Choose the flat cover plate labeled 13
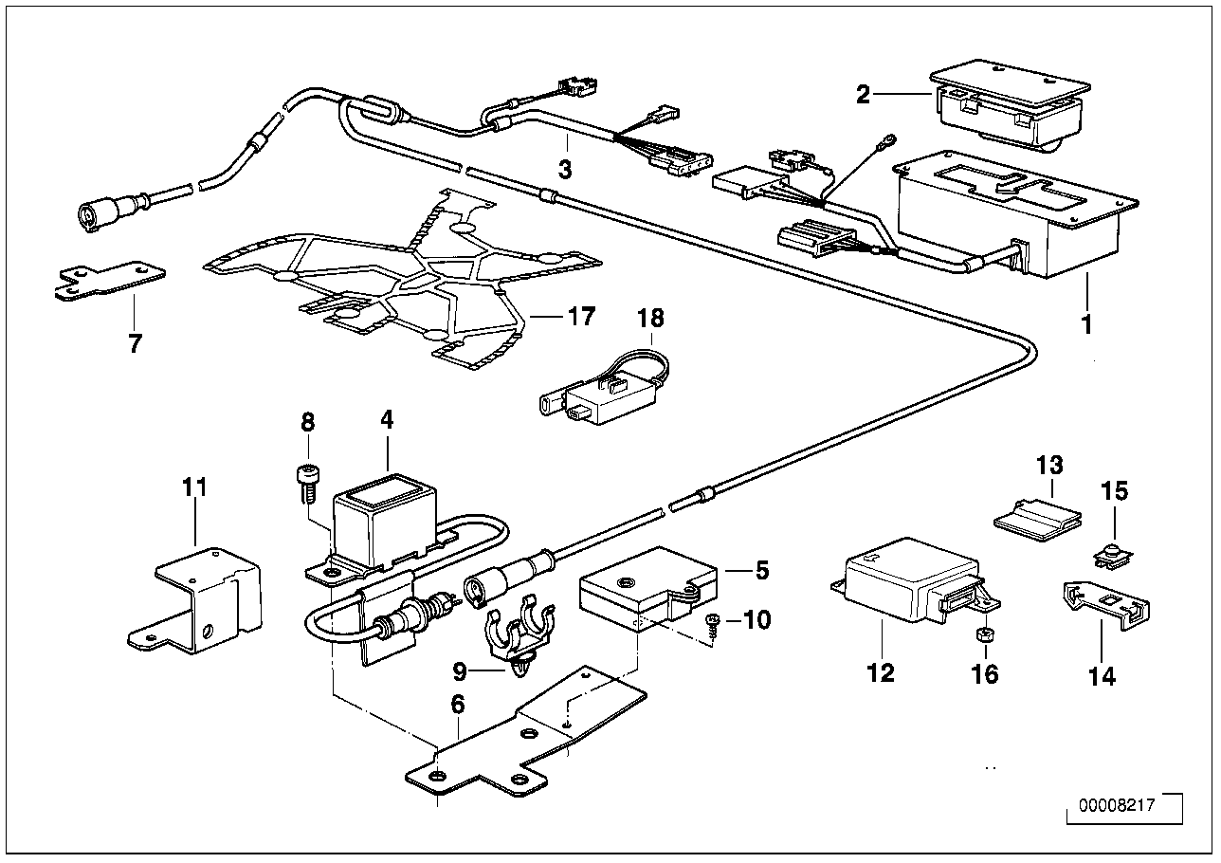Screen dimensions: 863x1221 1038,517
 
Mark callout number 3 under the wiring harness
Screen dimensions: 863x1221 564,170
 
